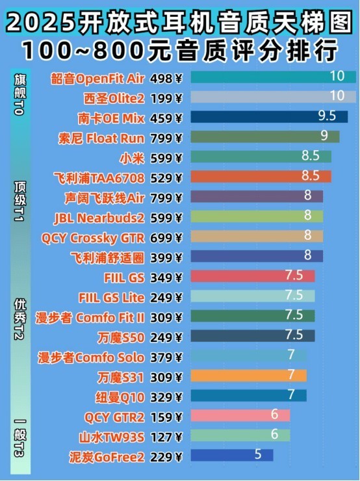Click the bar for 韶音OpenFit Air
[x=273, y=77]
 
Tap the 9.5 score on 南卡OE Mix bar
[x=327, y=117]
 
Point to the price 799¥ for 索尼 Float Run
[x=166, y=137]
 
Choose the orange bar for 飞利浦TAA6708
[x=260, y=176]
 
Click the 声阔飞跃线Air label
[x=105, y=197]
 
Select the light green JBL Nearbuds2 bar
[x=256, y=216]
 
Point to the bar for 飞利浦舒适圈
[x=256, y=256]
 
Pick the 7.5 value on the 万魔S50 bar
[x=294, y=335]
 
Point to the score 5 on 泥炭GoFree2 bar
[x=258, y=455]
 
